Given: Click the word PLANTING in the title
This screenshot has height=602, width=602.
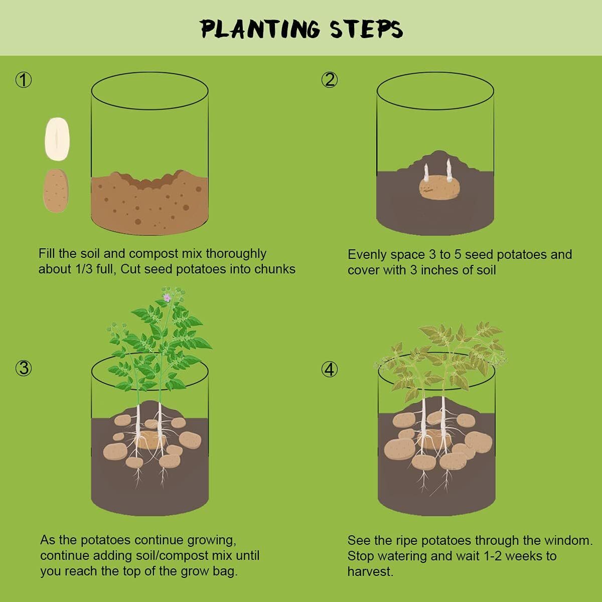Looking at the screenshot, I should [x=260, y=29].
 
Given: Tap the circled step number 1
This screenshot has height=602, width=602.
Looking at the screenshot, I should [x=23, y=80].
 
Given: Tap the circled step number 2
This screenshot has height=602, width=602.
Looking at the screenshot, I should [x=329, y=80].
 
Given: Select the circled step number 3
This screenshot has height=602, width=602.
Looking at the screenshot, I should [x=23, y=369].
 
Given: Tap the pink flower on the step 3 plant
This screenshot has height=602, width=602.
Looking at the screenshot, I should [x=167, y=297].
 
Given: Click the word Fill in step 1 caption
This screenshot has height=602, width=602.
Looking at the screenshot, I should [x=47, y=254].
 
